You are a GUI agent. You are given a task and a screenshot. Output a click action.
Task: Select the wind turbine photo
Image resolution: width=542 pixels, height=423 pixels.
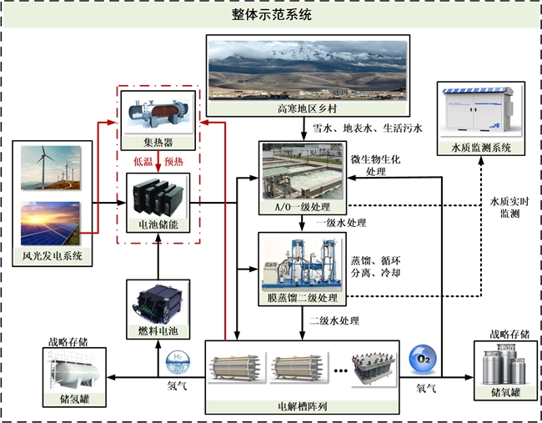click(50, 170)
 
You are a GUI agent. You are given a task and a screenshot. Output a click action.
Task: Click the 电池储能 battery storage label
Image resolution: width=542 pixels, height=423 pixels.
click(158, 226)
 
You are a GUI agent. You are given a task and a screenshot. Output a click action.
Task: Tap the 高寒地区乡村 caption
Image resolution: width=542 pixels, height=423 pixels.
click(308, 109)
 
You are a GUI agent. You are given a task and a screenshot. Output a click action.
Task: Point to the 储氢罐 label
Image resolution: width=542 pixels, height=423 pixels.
click(75, 400)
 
